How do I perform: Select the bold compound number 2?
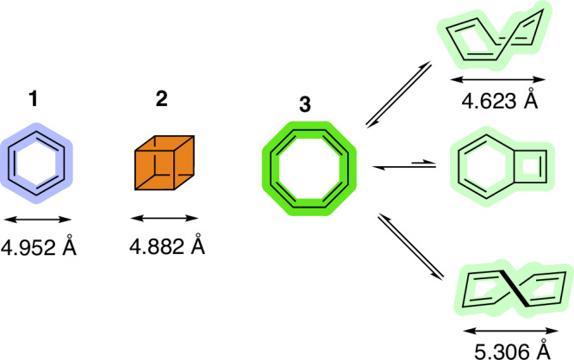coord(161,100)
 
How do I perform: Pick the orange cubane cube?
coord(161,162)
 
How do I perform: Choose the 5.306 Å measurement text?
coord(509,347)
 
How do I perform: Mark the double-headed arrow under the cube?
coord(160,212)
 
